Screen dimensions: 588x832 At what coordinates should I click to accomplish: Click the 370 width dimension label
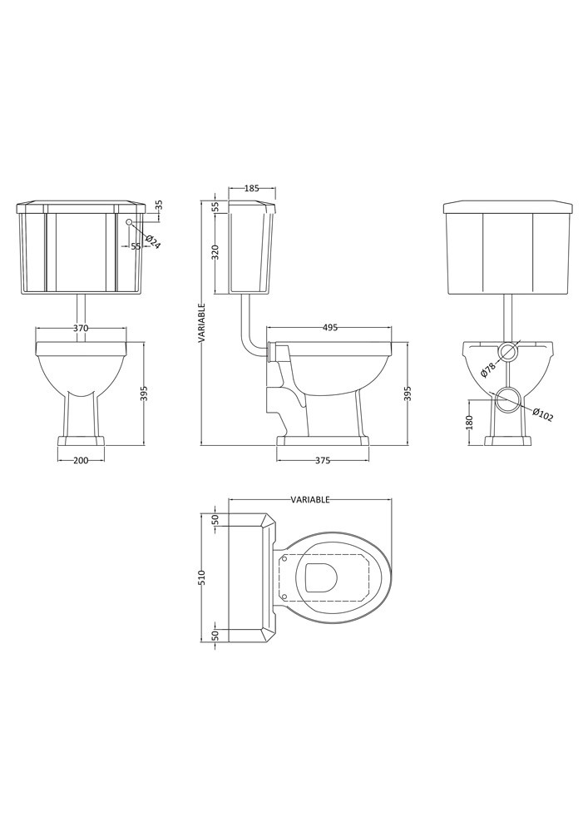[80, 328]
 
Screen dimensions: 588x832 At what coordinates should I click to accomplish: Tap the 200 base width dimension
[81, 461]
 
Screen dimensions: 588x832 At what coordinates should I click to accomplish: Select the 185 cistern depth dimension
[252, 188]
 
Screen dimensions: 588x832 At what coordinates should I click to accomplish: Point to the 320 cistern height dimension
[215, 253]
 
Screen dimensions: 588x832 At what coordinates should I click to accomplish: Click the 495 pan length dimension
[330, 328]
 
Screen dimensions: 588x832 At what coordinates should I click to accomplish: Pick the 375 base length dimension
[323, 461]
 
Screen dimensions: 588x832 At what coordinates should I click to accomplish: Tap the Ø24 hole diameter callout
[151, 242]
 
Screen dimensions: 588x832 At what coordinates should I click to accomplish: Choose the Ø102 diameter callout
[542, 414]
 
